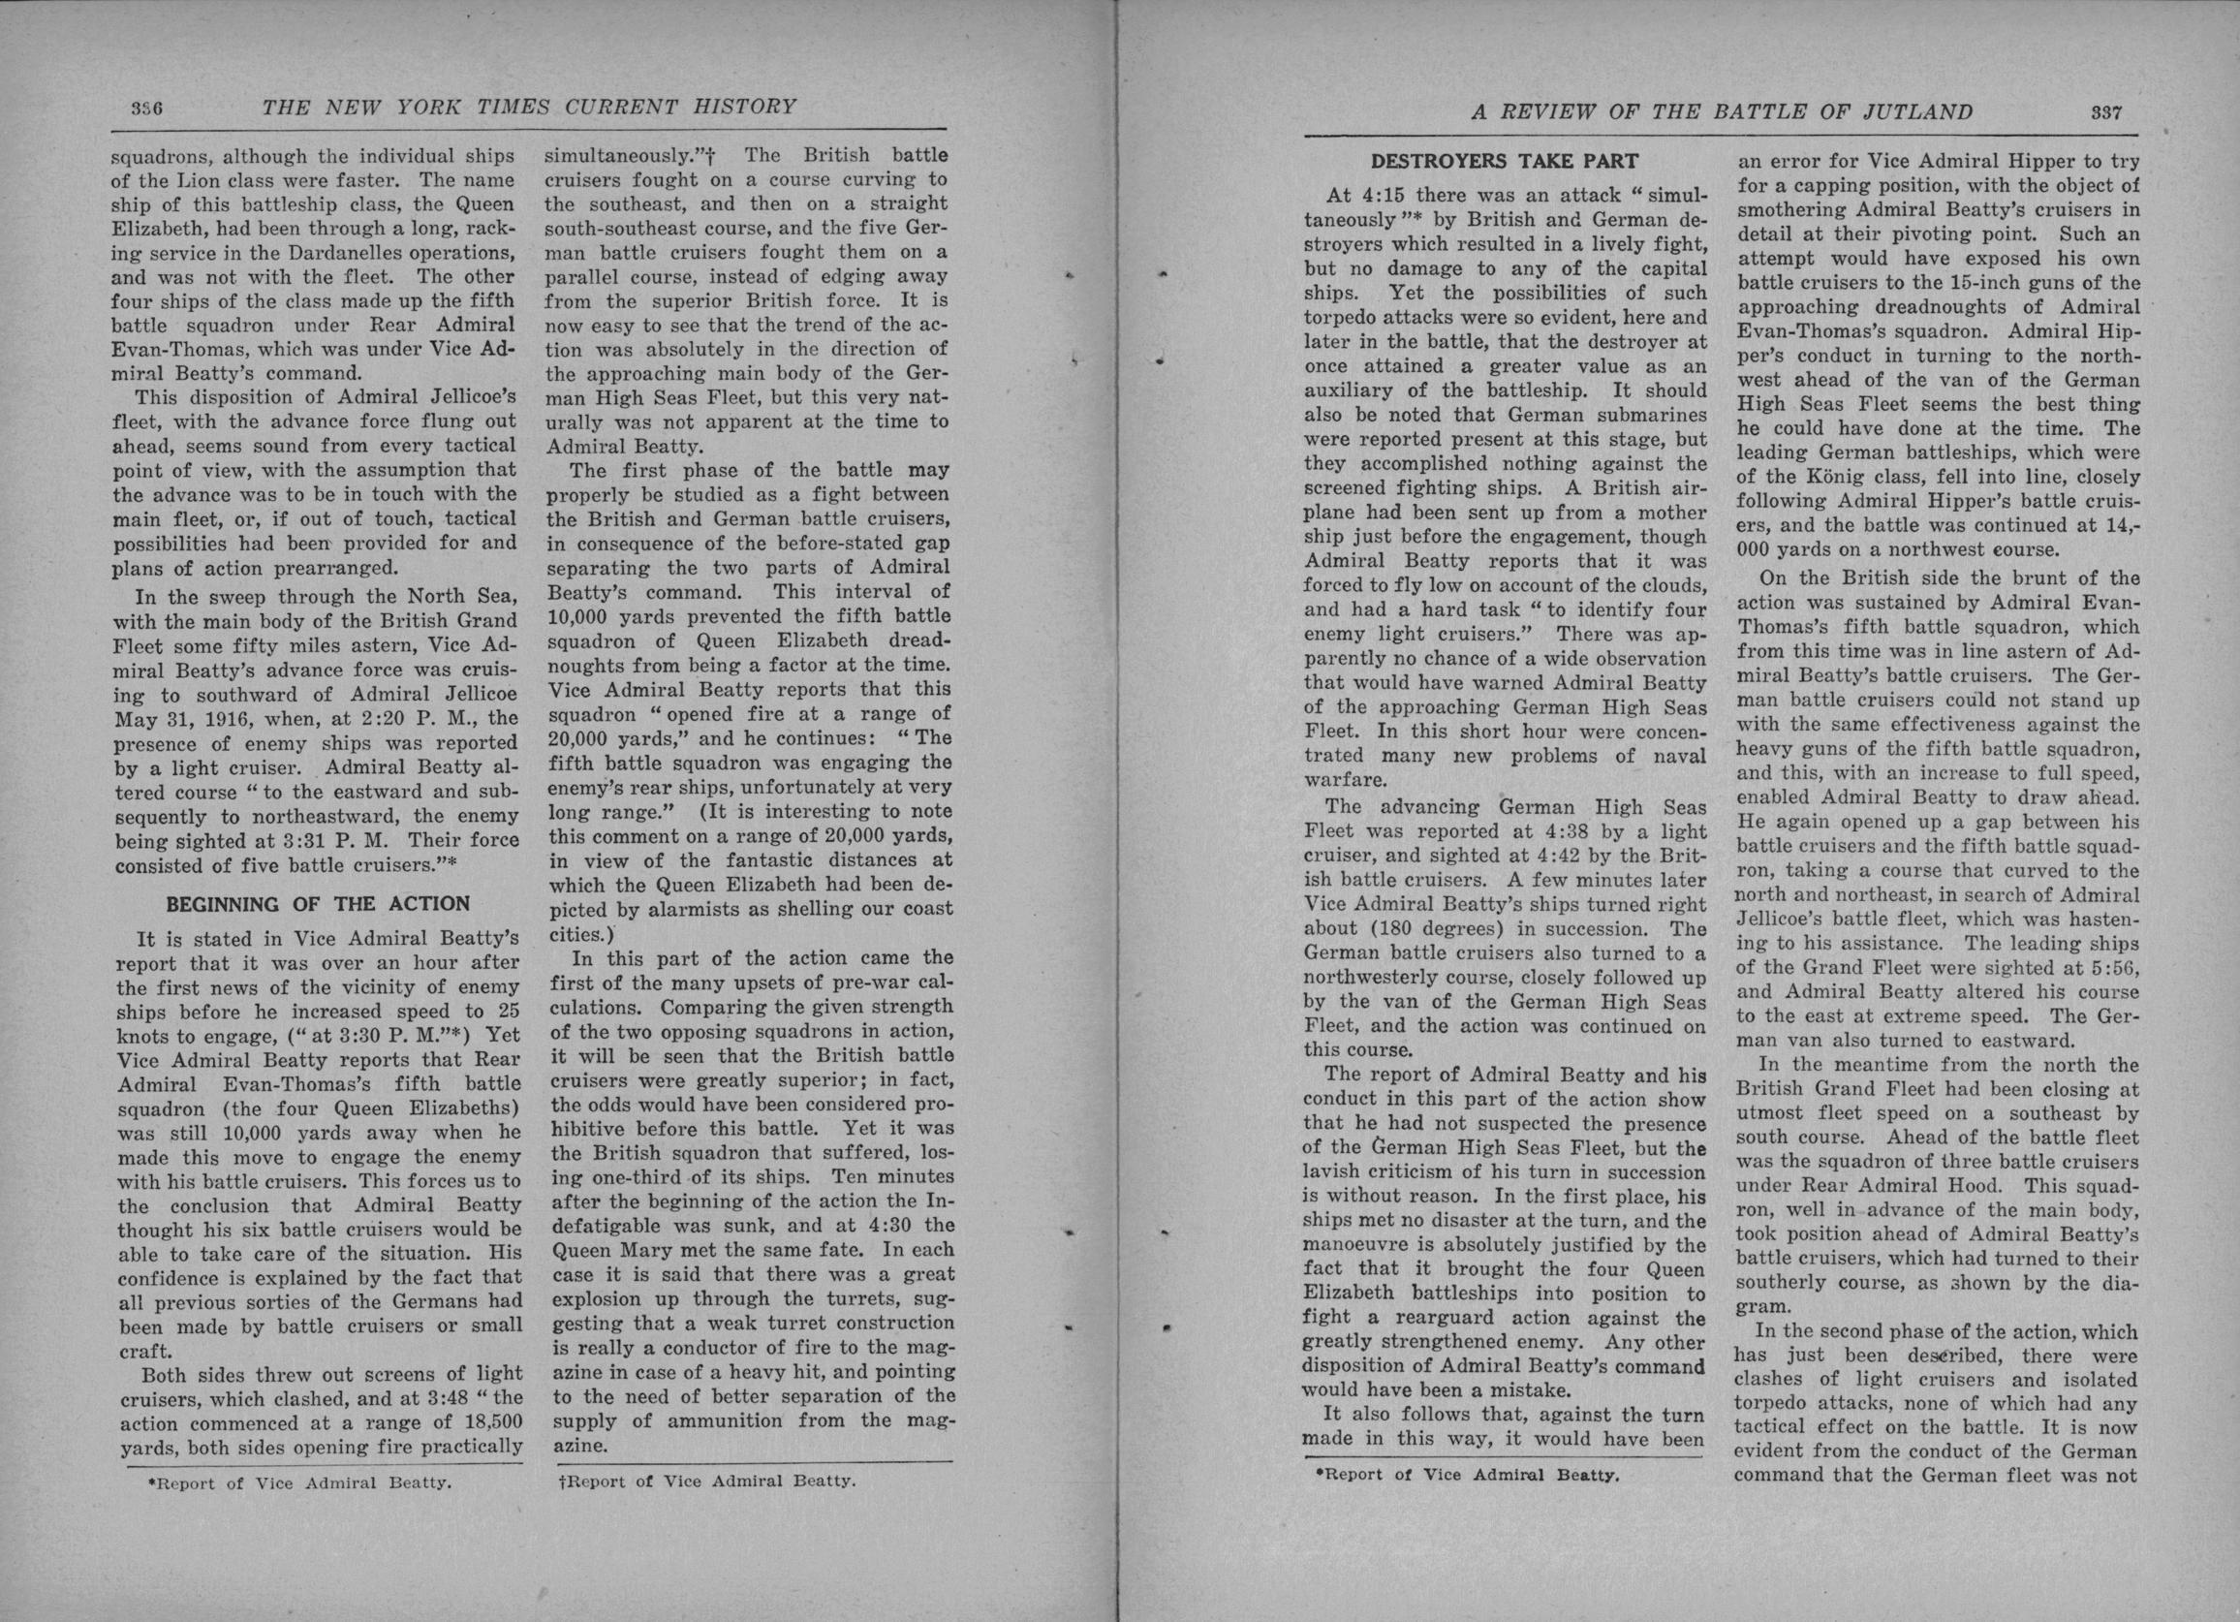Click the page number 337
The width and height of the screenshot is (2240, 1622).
pos(2105,112)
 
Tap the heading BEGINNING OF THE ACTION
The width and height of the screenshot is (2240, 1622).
pos(317,904)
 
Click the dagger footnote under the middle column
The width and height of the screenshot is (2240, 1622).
pos(706,1481)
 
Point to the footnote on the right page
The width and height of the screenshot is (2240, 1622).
pos(1468,1475)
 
